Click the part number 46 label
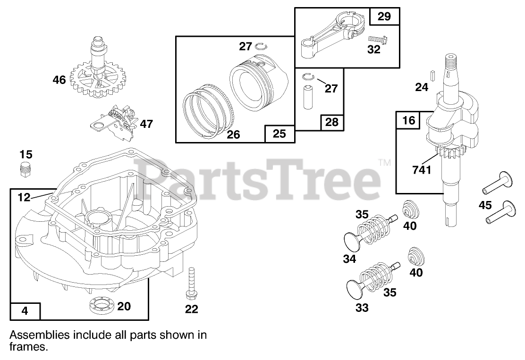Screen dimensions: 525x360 [59, 80]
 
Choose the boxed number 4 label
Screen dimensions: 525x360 [25, 311]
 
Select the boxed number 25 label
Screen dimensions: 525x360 [279, 134]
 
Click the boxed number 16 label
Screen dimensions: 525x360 [409, 120]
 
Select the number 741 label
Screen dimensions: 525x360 [422, 169]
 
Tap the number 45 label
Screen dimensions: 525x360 [485, 205]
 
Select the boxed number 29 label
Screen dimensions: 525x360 [384, 17]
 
